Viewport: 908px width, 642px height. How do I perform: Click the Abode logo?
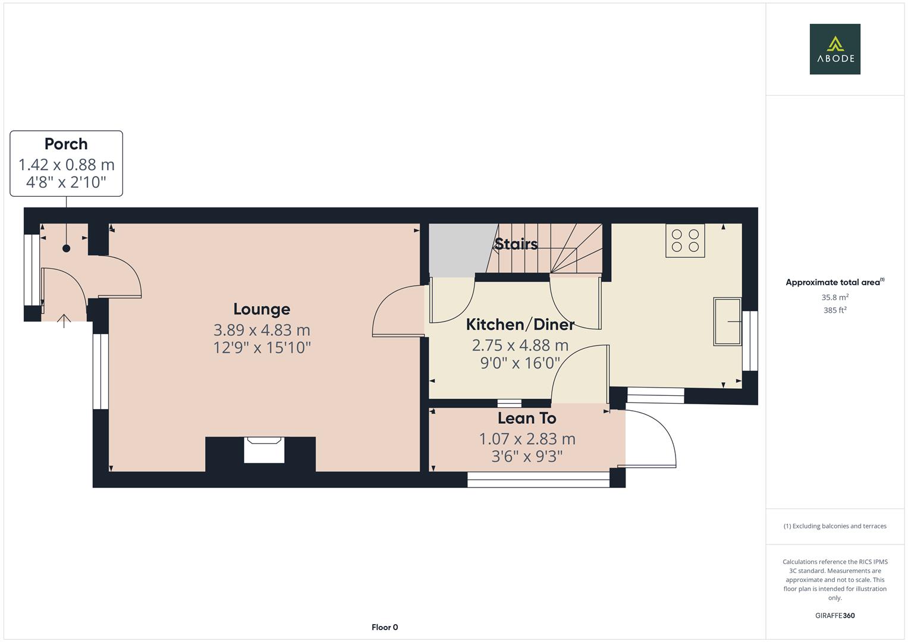[x=835, y=49]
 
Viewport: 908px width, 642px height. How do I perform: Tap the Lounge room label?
[x=262, y=309]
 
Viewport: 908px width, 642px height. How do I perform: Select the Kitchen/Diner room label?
[x=520, y=325]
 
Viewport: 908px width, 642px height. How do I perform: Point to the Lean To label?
[x=527, y=418]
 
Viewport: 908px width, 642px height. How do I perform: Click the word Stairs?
[x=516, y=244]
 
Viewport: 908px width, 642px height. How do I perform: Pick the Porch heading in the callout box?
[x=66, y=144]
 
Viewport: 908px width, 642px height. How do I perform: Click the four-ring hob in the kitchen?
[x=685, y=241]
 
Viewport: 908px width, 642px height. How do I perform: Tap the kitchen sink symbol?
[x=727, y=322]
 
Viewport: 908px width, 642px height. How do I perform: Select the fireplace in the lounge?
[x=264, y=449]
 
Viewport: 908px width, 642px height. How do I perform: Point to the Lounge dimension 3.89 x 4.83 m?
[x=262, y=330]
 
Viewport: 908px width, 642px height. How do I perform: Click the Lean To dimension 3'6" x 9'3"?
[x=527, y=456]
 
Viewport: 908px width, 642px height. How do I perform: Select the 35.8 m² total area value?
[x=835, y=297]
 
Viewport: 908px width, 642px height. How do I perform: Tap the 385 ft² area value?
[x=835, y=310]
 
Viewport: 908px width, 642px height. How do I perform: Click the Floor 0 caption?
[x=385, y=627]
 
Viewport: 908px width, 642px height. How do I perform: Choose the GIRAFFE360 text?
[x=835, y=616]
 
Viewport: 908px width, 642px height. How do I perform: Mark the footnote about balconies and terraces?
[x=835, y=526]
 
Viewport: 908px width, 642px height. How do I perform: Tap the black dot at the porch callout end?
[x=66, y=248]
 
